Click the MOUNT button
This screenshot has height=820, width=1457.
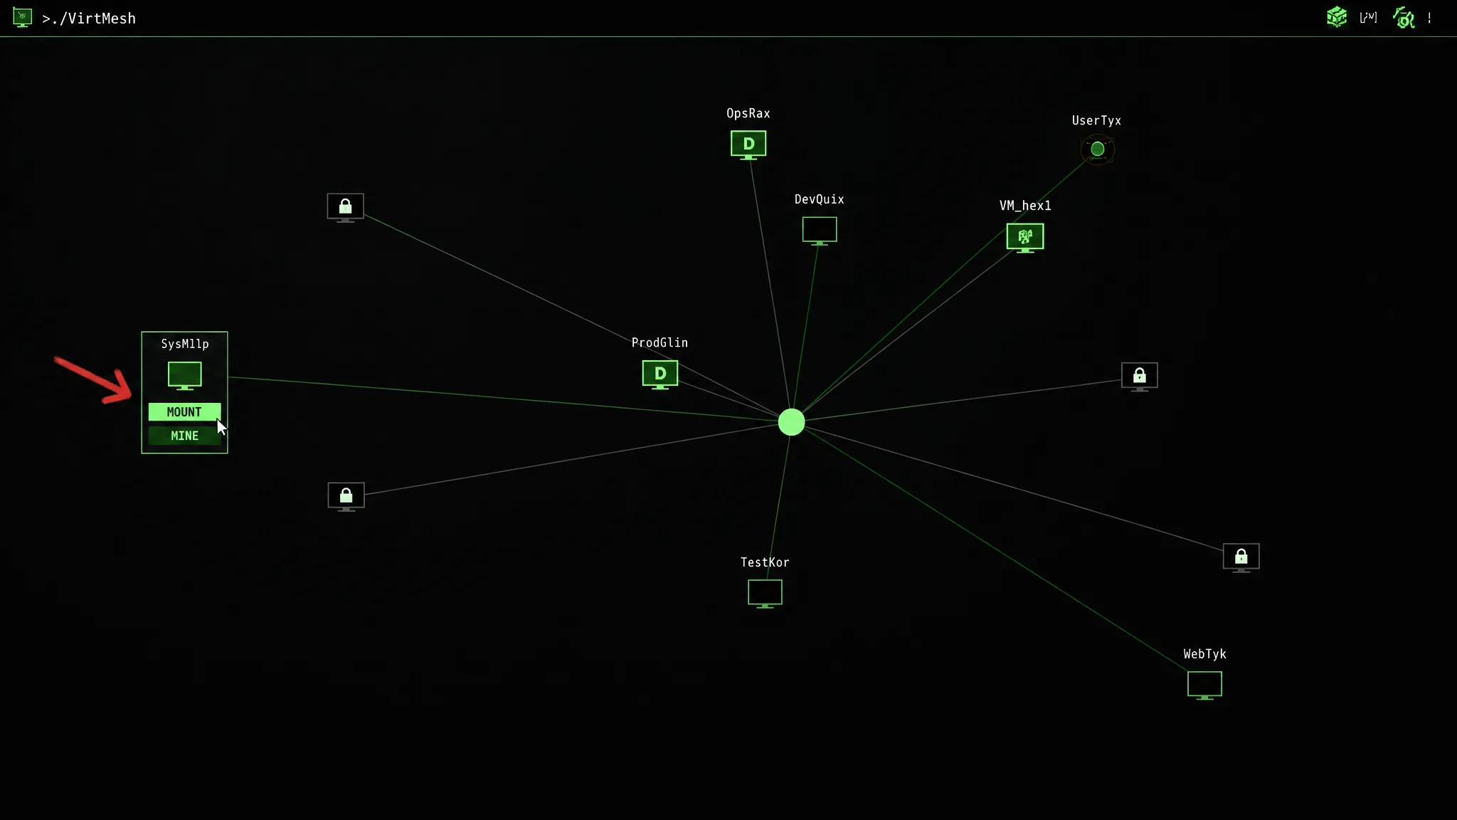click(184, 412)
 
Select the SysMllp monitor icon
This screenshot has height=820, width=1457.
click(185, 376)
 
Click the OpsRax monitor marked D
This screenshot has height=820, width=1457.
click(748, 144)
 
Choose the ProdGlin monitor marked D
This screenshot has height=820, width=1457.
click(660, 374)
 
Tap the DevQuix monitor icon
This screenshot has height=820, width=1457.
click(820, 231)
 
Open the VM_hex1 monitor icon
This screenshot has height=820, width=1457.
click(1025, 238)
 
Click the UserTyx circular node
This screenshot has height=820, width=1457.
click(1098, 149)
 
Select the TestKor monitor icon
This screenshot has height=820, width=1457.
click(765, 594)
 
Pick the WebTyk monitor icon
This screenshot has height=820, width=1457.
click(1204, 685)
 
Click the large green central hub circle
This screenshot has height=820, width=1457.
click(791, 422)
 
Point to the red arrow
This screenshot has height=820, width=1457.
click(94, 379)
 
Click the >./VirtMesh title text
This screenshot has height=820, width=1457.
click(89, 19)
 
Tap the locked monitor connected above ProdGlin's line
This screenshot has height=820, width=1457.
click(345, 208)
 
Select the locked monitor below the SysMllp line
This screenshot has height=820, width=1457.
click(346, 497)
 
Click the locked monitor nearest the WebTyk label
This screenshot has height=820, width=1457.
click(1241, 558)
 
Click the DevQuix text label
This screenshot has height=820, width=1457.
click(820, 199)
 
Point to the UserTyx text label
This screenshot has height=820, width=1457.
click(1096, 121)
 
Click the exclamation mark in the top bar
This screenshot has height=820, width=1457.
click(1429, 18)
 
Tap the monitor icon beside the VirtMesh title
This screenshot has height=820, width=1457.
click(22, 17)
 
